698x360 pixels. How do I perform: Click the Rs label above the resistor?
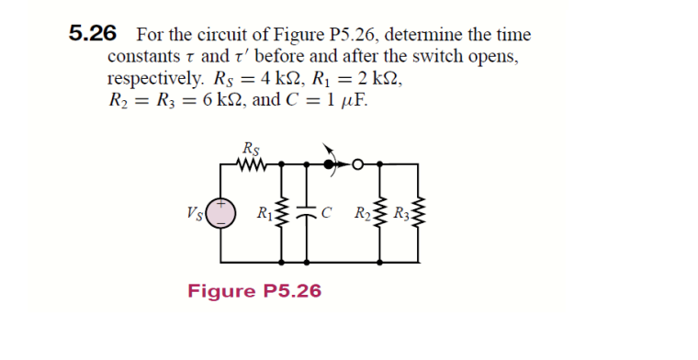coord(251,149)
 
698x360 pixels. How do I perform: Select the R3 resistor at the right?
coord(418,217)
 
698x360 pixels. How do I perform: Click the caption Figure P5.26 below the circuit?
coord(254,291)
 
